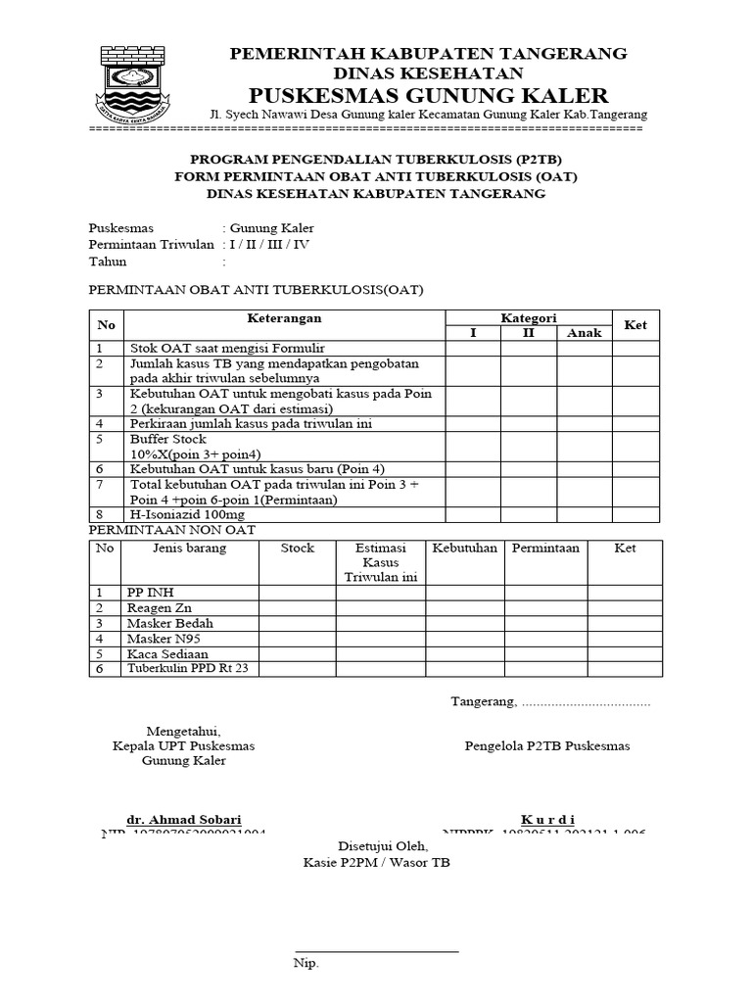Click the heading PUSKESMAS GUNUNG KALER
(x=429, y=95)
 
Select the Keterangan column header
(x=284, y=319)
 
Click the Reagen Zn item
(x=160, y=608)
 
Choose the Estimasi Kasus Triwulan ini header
(x=380, y=562)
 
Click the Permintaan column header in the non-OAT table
(x=544, y=549)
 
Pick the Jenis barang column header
(x=189, y=549)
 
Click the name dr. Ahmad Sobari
(x=183, y=819)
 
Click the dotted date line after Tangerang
(x=586, y=702)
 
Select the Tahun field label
(x=109, y=262)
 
